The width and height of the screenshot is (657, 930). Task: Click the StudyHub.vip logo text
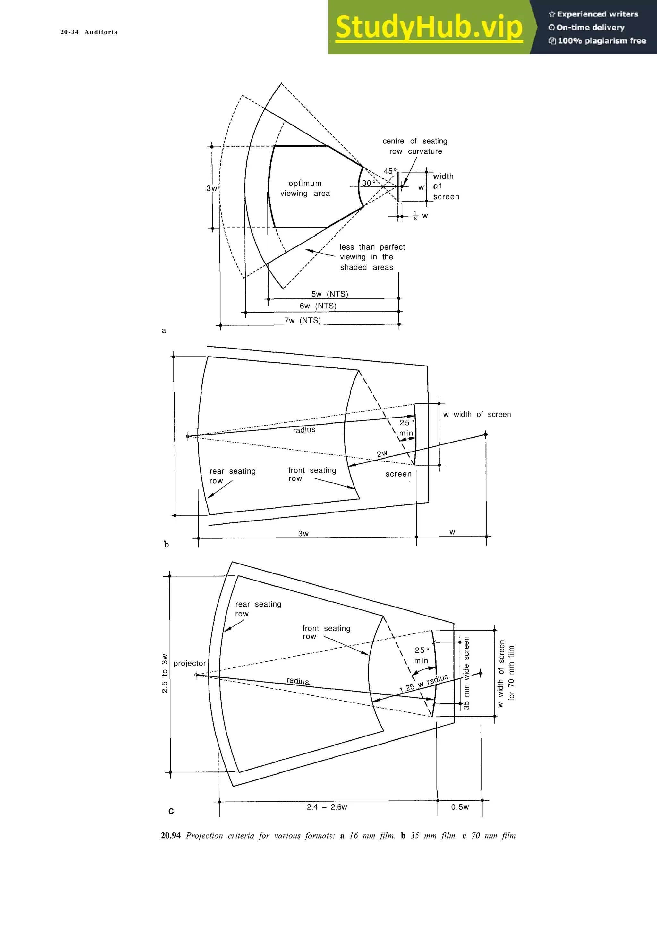coord(429,27)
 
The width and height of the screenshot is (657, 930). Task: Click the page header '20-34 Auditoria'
coord(89,32)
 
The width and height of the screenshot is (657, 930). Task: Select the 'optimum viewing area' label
coord(305,188)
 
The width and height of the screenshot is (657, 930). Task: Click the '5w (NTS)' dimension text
coord(329,294)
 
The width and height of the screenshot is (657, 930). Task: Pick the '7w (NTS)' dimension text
coord(303,320)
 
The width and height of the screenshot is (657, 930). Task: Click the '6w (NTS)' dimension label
coord(318,306)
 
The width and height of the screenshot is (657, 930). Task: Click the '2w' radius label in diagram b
coord(382,454)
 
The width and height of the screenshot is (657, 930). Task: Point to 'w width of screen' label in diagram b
coord(477,414)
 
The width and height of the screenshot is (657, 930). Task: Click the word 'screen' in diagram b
coord(398,474)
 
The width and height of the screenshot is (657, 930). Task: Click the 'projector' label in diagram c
coord(190,663)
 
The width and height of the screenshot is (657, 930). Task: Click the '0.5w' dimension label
coord(460,807)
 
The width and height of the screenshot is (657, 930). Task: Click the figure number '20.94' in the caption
coord(170,836)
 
